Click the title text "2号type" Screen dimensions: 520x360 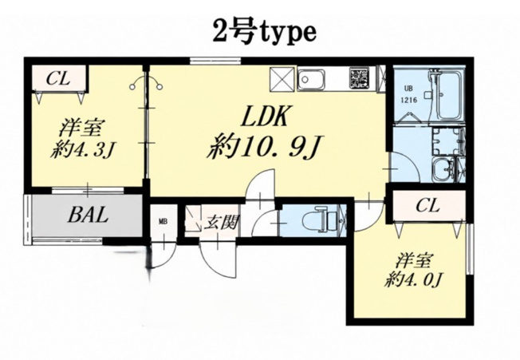[264, 33]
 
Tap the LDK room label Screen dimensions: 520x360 [264, 116]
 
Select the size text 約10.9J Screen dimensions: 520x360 [264, 147]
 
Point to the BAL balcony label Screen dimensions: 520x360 [88, 215]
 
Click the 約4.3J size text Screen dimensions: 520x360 [82, 151]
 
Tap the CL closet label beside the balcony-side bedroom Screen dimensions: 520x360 [58, 79]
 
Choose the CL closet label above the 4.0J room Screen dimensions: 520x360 [427, 205]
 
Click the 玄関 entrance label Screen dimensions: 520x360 [221, 222]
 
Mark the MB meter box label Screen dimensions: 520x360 [163, 221]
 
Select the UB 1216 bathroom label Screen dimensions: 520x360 [409, 94]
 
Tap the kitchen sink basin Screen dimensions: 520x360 [311, 79]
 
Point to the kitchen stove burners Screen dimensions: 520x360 [359, 78]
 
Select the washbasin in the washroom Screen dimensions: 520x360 [443, 169]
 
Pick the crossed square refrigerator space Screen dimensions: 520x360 [282, 79]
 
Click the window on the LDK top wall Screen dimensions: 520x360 [215, 61]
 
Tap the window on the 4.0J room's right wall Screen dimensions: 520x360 [469, 249]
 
